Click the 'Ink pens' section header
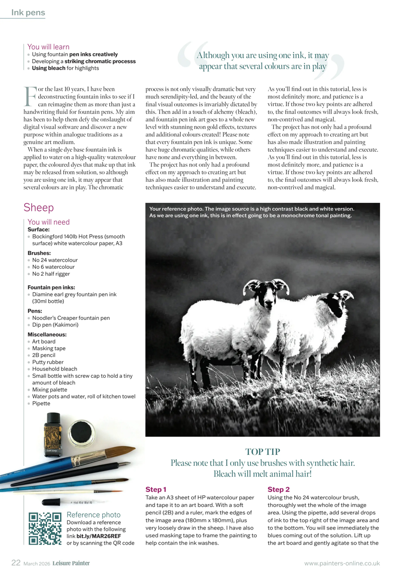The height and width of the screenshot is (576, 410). point(28,13)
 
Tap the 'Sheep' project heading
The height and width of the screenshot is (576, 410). point(39,208)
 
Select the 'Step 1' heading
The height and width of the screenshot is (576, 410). point(156,489)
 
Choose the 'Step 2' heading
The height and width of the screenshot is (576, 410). point(279,489)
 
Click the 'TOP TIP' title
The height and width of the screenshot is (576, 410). point(262,452)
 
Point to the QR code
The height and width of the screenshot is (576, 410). point(45,529)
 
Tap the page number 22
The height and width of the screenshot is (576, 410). point(16,563)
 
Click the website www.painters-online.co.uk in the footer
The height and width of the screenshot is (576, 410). point(342,563)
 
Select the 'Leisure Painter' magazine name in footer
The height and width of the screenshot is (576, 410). point(71,563)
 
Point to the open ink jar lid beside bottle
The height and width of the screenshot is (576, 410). point(82,432)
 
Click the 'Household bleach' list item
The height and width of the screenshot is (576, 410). point(54,369)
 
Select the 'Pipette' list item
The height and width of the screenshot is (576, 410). point(41,403)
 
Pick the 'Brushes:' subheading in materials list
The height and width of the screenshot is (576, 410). point(39,253)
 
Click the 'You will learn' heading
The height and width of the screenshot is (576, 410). point(48,46)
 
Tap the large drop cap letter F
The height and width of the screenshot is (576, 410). point(30,96)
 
